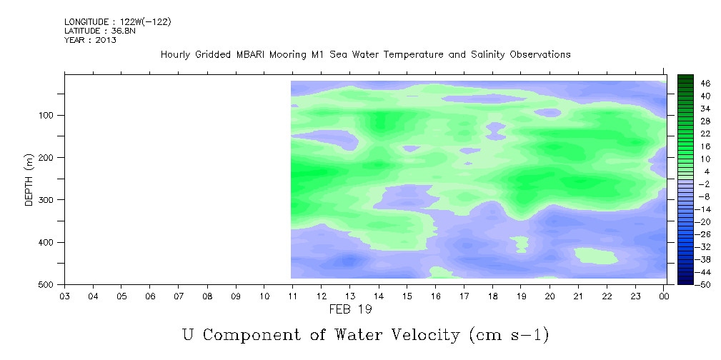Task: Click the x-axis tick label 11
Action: (293, 296)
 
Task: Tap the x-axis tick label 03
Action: (64, 296)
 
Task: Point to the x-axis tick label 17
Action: (464, 296)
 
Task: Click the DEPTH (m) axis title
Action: (29, 179)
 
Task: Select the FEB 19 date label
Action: (350, 310)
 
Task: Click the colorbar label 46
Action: (705, 84)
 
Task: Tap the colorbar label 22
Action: (705, 134)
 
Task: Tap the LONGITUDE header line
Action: (118, 22)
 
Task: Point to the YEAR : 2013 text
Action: (90, 40)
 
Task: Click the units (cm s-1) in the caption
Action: (509, 335)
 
